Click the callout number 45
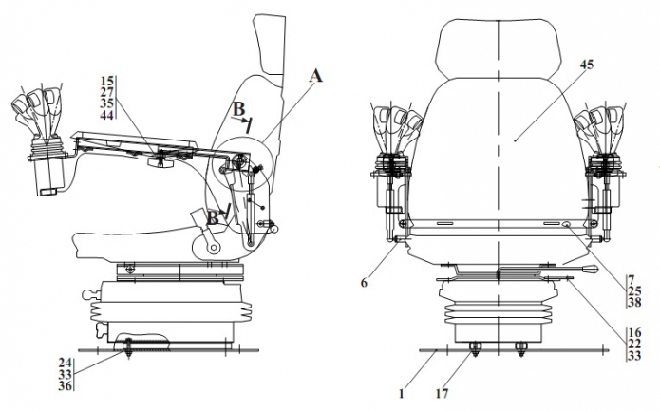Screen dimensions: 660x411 tap(587, 65)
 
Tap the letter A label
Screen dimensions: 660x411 tap(315, 76)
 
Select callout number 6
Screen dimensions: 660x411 tap(364, 283)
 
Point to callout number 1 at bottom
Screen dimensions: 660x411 tap(401, 394)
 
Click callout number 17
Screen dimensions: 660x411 tap(442, 394)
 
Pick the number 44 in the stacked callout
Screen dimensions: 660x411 tap(107, 115)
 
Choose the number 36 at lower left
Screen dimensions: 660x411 tap(66, 385)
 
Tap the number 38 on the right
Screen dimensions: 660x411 tap(634, 302)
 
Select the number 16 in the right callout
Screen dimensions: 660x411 tap(634, 333)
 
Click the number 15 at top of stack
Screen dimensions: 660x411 tap(107, 81)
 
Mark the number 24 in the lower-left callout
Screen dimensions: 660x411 tap(66, 363)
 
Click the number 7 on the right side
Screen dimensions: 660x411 tap(632, 279)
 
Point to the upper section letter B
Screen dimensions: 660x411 tap(238, 109)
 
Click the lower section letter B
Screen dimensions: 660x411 tap(213, 218)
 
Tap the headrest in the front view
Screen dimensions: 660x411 tap(500, 48)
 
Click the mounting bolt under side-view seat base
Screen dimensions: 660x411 tap(128, 348)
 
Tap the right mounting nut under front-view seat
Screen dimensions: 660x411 tap(521, 348)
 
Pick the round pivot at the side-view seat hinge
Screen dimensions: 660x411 tap(215, 247)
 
